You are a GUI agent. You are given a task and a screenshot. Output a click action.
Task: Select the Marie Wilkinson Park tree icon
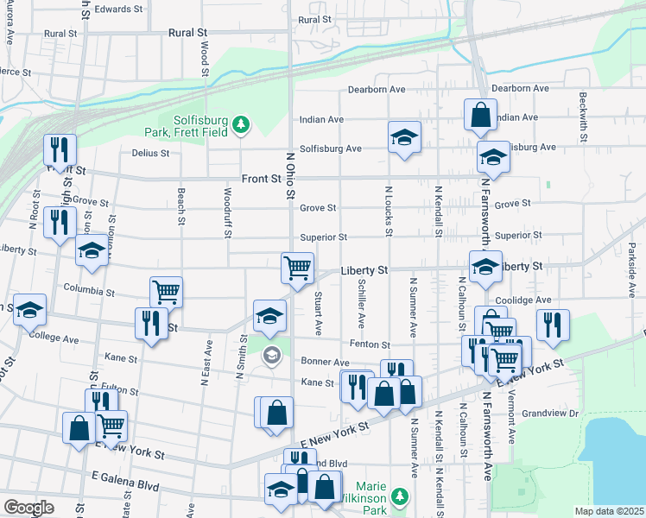pyautogui.click(x=399, y=496)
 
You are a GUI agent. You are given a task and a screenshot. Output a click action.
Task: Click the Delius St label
pyautogui.click(x=150, y=153)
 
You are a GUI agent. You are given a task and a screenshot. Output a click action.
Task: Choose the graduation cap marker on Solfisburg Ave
pyautogui.click(x=404, y=137)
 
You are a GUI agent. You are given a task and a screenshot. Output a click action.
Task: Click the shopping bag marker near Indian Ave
pyautogui.click(x=480, y=114)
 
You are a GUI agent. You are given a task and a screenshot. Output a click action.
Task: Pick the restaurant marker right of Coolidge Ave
pyautogui.click(x=552, y=324)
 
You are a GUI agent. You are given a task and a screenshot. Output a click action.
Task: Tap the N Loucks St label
pyautogui.click(x=389, y=212)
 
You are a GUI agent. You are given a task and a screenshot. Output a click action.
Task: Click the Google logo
pyautogui.click(x=28, y=508)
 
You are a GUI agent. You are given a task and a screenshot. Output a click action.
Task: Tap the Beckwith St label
pyautogui.click(x=584, y=117)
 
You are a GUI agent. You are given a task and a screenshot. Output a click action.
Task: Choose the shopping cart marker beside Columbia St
pyautogui.click(x=166, y=291)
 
